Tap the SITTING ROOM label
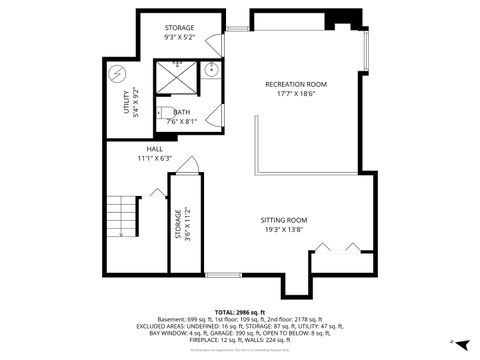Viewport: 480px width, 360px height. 283,220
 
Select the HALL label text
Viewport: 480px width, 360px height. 155,148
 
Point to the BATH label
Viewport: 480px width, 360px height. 181,112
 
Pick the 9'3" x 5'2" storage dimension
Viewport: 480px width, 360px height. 181,37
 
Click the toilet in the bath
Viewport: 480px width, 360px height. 162,112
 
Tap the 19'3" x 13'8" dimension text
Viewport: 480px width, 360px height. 283,230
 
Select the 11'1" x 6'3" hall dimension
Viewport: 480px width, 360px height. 155,158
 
